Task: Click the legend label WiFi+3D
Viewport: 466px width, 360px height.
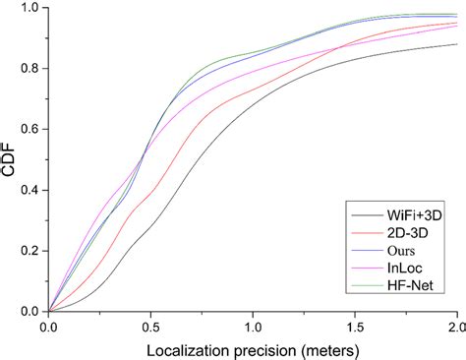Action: tap(414, 213)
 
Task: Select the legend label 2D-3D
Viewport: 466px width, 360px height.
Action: tap(407, 231)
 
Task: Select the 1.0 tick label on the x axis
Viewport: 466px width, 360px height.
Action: tap(253, 326)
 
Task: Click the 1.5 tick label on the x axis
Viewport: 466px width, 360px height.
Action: tap(355, 326)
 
